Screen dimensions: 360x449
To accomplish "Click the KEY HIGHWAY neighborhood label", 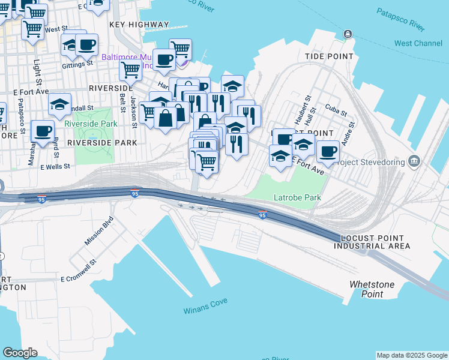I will pyautogui.click(x=139, y=25).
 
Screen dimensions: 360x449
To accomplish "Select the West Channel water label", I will pyautogui.click(x=418, y=43).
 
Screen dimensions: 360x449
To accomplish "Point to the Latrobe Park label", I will pyautogui.click(x=297, y=197).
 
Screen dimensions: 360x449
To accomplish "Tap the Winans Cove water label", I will pyautogui.click(x=205, y=311).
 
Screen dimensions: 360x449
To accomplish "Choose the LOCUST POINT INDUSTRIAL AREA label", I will pyautogui.click(x=372, y=242).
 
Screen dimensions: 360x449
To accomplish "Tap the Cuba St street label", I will pyautogui.click(x=336, y=112).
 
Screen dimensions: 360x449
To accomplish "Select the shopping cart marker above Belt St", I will pyautogui.click(x=130, y=69).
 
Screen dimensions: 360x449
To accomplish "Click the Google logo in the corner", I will pyautogui.click(x=20, y=353).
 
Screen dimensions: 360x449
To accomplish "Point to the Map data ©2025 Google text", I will pyautogui.click(x=412, y=355).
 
